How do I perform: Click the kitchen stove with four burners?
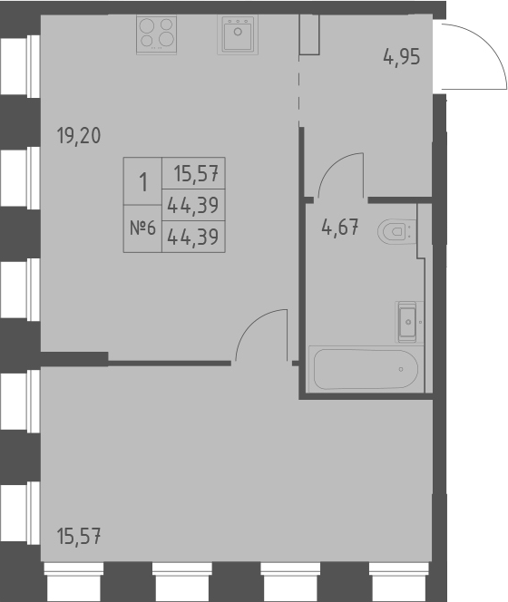point(157,34)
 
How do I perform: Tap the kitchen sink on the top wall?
point(239,35)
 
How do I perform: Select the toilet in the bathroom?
point(396,231)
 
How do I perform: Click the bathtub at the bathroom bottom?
point(363,369)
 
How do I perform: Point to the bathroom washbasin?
point(408,319)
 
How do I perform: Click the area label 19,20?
point(78,137)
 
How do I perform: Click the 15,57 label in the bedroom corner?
point(78,536)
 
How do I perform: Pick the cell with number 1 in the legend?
point(143,180)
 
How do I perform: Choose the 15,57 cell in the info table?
point(193,172)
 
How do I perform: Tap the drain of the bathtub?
point(401,369)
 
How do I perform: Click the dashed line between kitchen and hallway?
point(299,91)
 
